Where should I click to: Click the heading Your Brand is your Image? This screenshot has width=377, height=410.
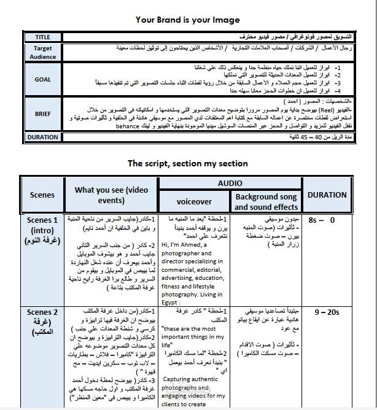188,20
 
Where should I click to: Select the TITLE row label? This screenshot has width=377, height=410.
43,37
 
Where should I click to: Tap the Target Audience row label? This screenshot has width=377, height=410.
43,52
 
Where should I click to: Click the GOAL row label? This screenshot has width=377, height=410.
43,79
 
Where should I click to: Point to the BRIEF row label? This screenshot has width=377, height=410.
43,114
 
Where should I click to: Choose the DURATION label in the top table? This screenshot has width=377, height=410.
43,137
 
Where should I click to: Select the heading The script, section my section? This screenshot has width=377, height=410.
187,163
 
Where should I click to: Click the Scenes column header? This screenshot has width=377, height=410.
42,195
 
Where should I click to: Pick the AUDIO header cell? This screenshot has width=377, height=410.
230,183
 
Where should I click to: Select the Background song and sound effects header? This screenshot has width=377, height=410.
266,201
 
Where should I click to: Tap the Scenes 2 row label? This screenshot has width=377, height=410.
42,322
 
